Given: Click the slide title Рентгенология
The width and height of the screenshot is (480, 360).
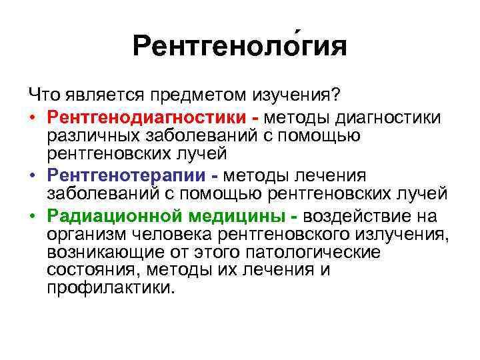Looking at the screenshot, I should [239, 47].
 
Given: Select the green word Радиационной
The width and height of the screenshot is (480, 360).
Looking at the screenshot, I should [114, 218].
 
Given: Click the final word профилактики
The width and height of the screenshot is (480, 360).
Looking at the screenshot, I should [111, 288].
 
